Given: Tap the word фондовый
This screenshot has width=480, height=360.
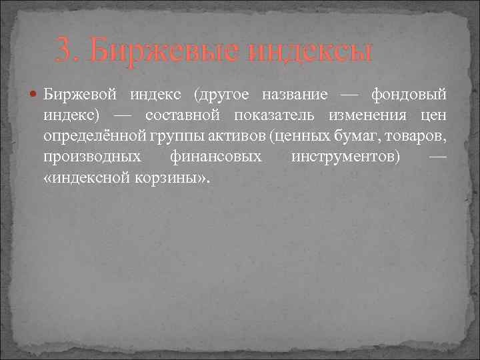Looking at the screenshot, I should point(409,95).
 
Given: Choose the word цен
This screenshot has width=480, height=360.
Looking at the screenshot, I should point(433,116).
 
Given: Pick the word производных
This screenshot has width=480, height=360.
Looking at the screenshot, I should point(92,158).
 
